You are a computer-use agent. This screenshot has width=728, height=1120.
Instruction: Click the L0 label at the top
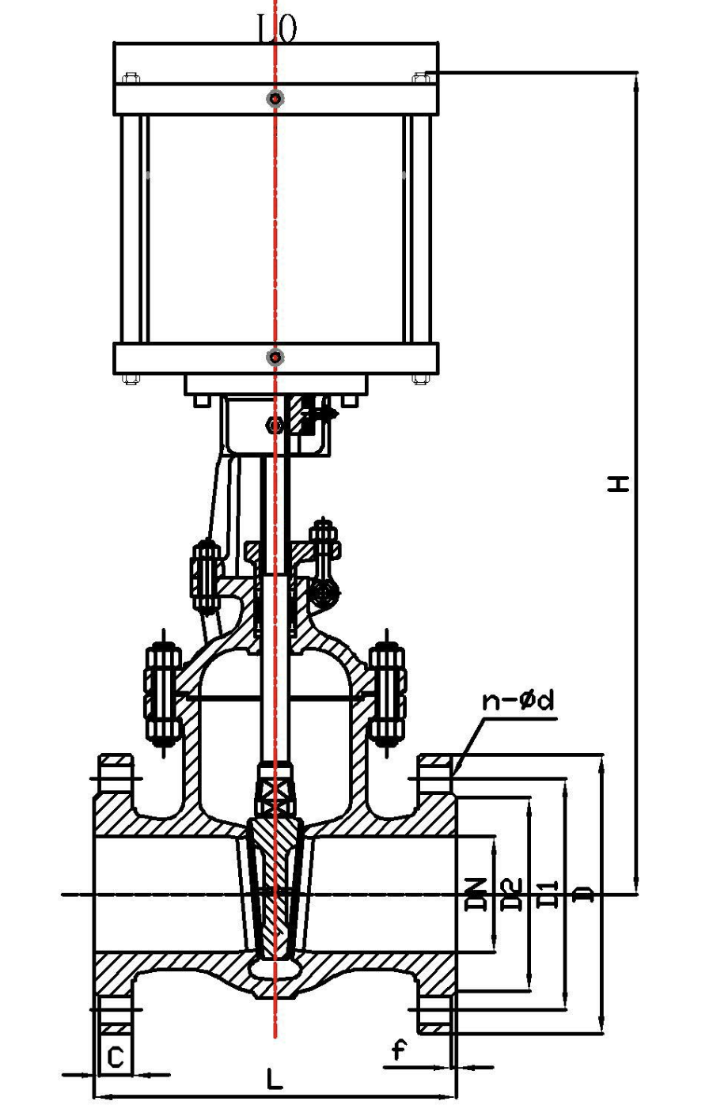tap(277, 29)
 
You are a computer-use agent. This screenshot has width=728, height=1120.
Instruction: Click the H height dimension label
tap(619, 483)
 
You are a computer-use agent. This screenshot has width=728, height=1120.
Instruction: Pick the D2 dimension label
tap(511, 894)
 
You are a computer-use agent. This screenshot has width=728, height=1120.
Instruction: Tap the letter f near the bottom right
tap(399, 1050)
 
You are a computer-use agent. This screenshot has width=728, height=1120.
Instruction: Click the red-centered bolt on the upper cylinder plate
tap(275, 99)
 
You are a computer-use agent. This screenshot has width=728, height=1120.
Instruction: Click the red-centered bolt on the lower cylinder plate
tap(275, 358)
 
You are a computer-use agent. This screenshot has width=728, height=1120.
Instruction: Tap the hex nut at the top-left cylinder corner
tap(131, 78)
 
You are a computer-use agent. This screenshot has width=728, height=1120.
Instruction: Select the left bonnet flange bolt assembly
tap(162, 694)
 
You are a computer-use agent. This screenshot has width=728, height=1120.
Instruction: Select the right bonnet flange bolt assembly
tap(387, 694)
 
